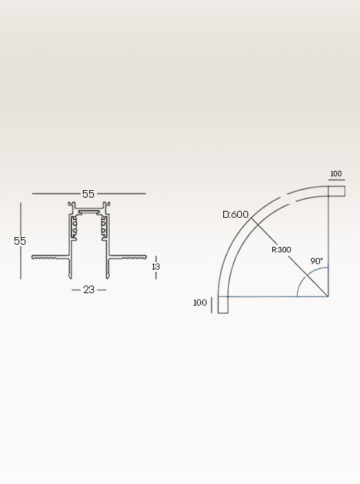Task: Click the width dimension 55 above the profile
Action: click(x=88, y=194)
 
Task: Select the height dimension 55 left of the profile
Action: click(x=20, y=241)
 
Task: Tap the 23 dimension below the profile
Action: click(x=88, y=290)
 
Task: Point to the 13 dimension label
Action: click(x=156, y=266)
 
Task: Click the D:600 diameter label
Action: click(x=236, y=214)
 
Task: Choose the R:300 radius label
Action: click(x=281, y=249)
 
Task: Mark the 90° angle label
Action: click(x=317, y=261)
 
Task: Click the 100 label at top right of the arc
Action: click(x=336, y=174)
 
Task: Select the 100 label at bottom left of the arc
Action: click(x=200, y=303)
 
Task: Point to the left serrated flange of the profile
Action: click(x=50, y=258)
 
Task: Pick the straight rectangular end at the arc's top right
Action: click(x=336, y=190)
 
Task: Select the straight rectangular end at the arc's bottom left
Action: click(x=222, y=305)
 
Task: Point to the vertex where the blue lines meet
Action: click(x=328, y=296)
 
